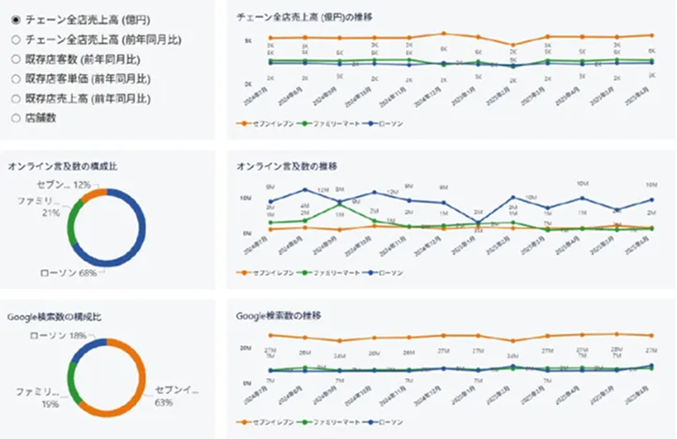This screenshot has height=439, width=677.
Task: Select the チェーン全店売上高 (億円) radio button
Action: click(x=15, y=19)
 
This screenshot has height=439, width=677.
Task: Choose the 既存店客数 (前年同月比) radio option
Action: click(x=15, y=58)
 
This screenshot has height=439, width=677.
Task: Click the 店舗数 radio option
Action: click(x=15, y=117)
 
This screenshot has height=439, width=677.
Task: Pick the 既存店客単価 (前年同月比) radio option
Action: click(x=15, y=78)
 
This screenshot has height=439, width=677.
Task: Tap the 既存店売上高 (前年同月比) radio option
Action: click(x=15, y=98)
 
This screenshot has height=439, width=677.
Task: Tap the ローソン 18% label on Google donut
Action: click(x=58, y=335)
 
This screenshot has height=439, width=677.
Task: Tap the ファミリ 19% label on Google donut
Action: click(x=38, y=395)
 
